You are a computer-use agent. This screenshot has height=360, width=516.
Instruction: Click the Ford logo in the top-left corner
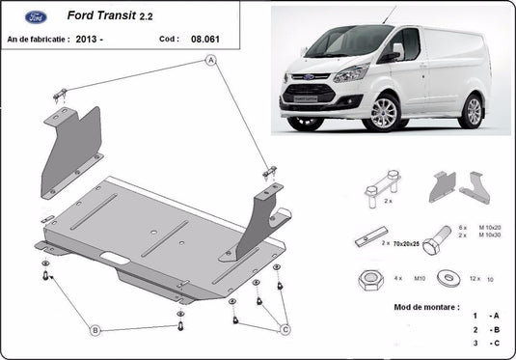coord(26,16)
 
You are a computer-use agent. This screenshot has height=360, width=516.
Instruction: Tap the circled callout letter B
coord(95,331)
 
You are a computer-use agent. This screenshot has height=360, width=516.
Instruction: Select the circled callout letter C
coord(285,330)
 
